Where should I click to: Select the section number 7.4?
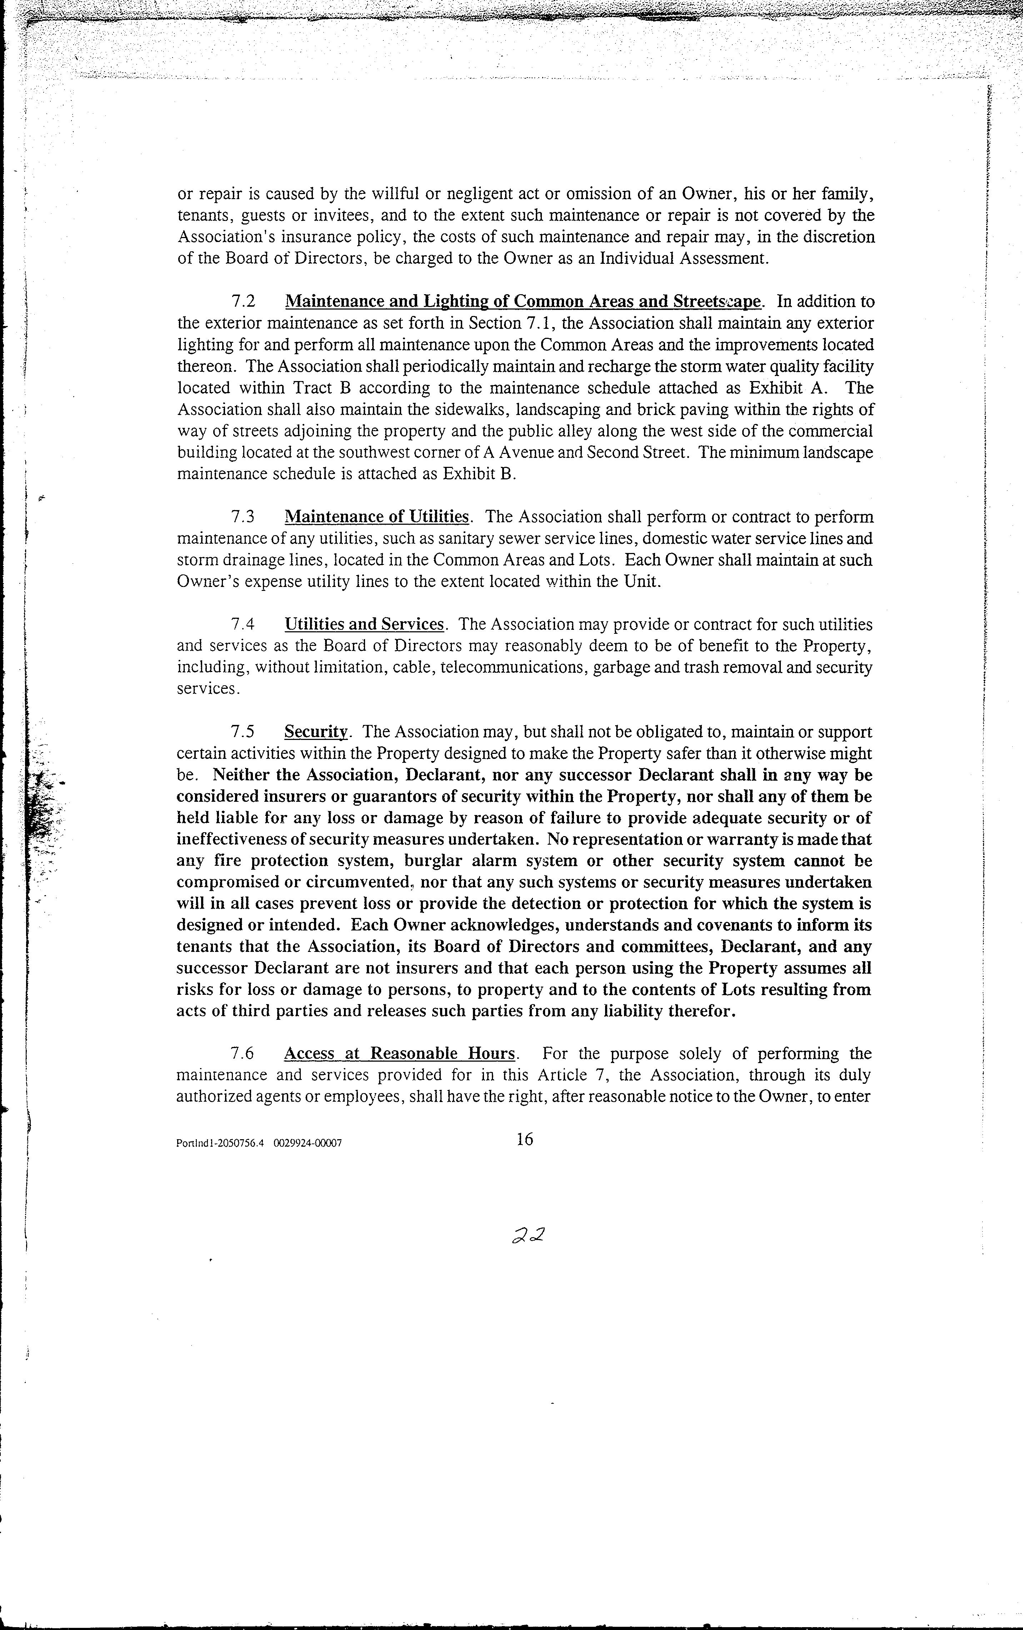click(244, 624)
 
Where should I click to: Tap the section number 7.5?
click(244, 732)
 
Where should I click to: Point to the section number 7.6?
click(244, 1054)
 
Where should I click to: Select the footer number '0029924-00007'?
click(308, 1143)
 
